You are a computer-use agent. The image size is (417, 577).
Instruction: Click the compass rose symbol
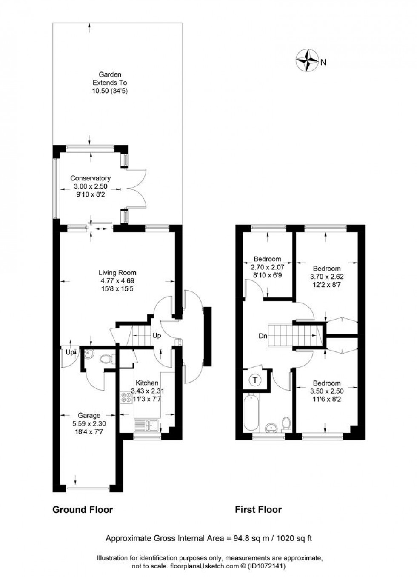click(x=307, y=60)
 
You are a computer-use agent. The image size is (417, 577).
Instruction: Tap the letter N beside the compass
click(x=323, y=63)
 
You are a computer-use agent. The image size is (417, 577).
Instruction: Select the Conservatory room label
click(x=90, y=178)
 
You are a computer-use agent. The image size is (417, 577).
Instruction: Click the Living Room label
click(x=117, y=273)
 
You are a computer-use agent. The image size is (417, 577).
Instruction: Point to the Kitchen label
click(x=147, y=383)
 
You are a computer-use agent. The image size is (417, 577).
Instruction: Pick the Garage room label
click(x=89, y=416)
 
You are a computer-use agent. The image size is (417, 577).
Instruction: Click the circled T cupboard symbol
click(x=255, y=380)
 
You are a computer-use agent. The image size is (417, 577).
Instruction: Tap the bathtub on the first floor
click(x=251, y=412)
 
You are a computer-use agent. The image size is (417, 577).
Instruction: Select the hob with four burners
click(x=126, y=397)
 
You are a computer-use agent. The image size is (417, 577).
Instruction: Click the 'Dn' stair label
click(x=263, y=336)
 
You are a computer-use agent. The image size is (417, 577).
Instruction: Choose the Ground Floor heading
click(x=83, y=509)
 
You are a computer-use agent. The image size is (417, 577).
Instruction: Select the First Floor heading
click(x=258, y=509)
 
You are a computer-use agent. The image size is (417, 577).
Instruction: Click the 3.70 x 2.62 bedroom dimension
click(x=327, y=276)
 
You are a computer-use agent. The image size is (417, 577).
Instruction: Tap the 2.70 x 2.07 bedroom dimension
click(x=267, y=267)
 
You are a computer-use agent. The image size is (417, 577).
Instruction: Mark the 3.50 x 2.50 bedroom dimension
click(x=327, y=391)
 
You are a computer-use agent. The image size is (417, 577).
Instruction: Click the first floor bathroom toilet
click(x=287, y=423)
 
